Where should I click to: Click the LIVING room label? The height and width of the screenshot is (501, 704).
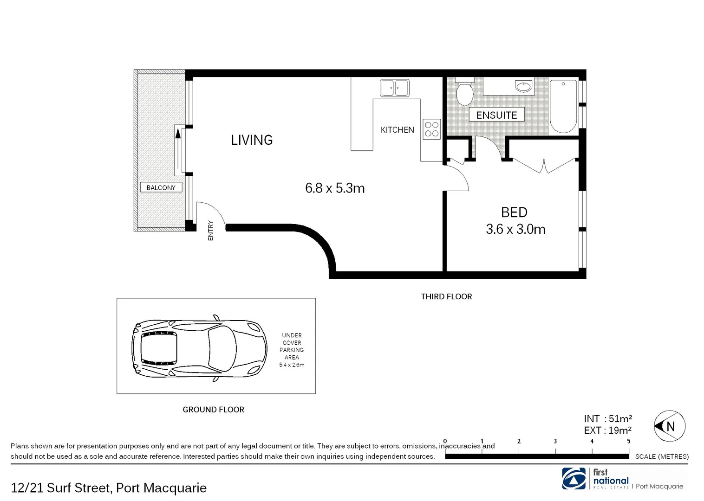252,140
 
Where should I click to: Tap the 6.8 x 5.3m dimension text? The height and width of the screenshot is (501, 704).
335,188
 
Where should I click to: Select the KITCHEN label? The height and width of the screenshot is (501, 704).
397,130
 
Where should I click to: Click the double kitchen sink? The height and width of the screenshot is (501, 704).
394,88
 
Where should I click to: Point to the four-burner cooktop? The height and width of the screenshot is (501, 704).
431,129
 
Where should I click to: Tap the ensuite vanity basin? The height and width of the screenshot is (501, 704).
523,86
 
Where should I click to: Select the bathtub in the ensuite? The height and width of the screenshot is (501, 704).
563,106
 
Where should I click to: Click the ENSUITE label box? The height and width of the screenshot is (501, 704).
496,115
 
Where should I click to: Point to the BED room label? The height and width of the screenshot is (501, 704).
514,212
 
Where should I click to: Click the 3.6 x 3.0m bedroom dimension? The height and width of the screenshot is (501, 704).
515,229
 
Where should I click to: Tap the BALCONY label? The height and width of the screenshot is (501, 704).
161,187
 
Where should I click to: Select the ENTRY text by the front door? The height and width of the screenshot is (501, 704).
211,230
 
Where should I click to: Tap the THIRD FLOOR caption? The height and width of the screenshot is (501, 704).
446,296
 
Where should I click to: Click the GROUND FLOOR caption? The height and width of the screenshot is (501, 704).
213,410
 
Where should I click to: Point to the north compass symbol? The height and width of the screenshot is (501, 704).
669,426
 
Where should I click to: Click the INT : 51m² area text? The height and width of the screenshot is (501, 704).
608,419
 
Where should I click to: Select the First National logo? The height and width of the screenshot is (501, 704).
574,478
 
